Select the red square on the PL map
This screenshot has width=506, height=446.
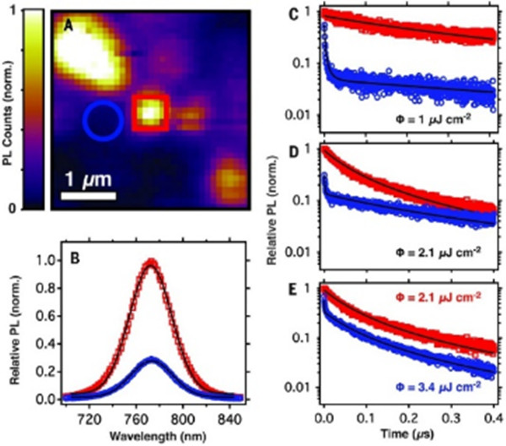[151, 111]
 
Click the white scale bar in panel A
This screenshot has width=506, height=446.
[89, 199]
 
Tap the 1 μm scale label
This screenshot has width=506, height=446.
[89, 181]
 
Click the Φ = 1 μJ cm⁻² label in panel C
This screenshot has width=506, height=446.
[439, 117]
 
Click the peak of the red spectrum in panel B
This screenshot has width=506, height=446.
[150, 263]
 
